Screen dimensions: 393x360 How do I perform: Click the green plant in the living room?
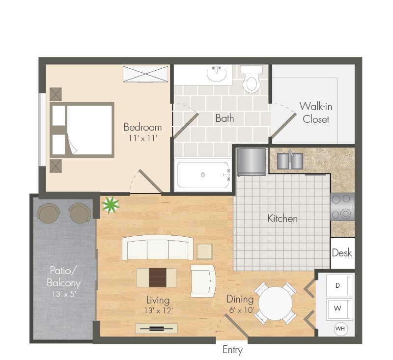(x=111, y=205)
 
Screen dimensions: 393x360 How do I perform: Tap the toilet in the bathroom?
(x=252, y=80)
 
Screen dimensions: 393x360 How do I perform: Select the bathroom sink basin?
(x=217, y=74)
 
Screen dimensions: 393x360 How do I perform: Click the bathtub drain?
(x=203, y=175)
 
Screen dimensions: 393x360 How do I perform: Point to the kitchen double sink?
(x=290, y=161)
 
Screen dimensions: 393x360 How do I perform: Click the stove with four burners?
(x=342, y=207)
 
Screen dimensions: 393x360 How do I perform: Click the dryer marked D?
(x=339, y=285)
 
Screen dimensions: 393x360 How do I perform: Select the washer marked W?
(x=339, y=308)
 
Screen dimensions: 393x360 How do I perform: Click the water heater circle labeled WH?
(x=340, y=329)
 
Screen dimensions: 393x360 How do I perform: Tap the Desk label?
(x=342, y=253)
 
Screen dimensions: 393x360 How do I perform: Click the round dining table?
(x=275, y=304)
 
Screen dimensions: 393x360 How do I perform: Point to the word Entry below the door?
(x=232, y=350)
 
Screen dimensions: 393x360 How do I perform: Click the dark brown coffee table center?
(x=158, y=277)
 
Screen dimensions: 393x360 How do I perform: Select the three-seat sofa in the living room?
(x=158, y=248)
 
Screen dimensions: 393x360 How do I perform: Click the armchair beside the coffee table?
(x=203, y=281)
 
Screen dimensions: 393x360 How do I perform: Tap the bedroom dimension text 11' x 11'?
(x=142, y=138)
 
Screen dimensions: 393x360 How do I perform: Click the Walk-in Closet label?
(x=316, y=113)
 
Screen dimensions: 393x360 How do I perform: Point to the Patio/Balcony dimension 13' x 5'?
(x=64, y=294)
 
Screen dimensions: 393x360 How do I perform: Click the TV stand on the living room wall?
(x=156, y=329)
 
